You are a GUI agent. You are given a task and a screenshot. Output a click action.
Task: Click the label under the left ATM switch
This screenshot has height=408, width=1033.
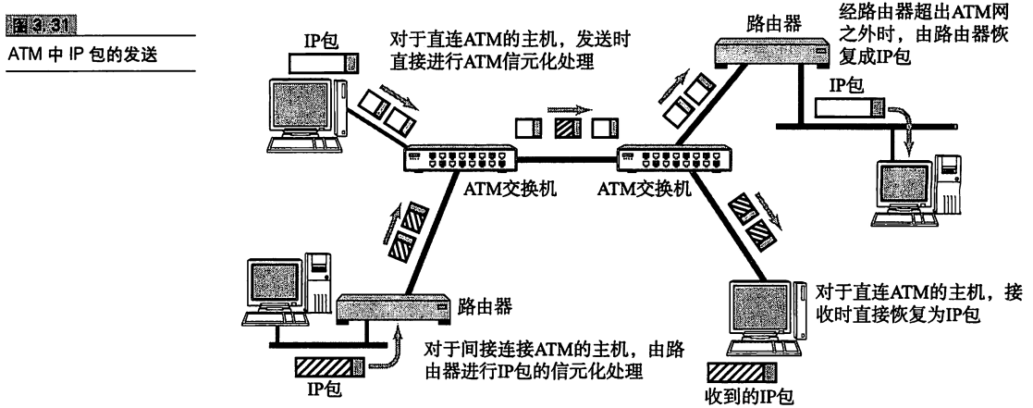click(490, 194)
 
